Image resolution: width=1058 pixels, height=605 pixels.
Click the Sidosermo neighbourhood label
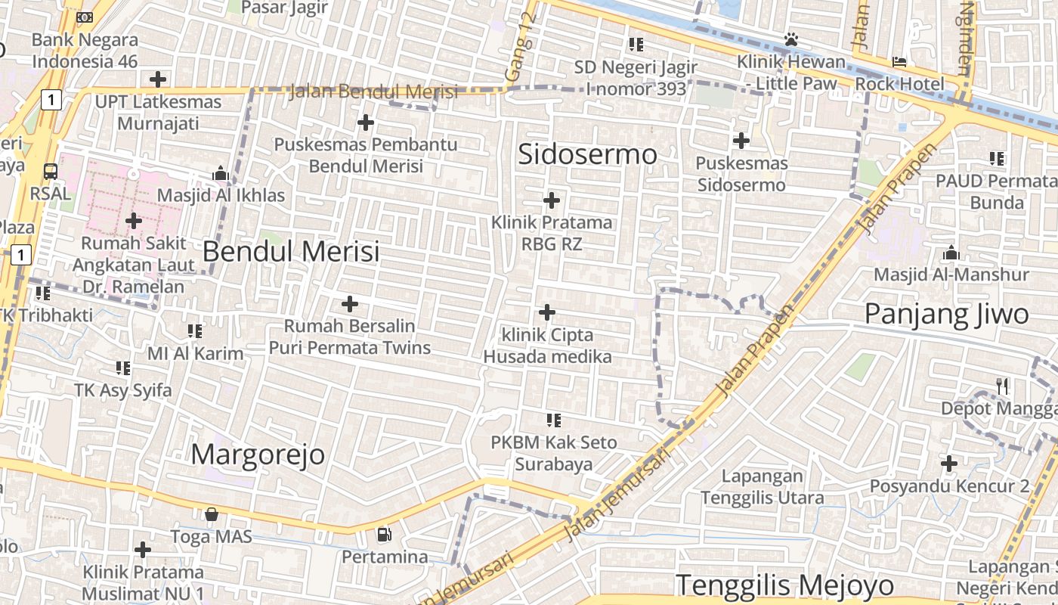coord(587,154)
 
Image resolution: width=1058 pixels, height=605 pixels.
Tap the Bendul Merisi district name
coord(291,251)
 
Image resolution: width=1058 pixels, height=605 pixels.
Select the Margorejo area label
coord(258,455)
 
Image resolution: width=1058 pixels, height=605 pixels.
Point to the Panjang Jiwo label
coord(946,314)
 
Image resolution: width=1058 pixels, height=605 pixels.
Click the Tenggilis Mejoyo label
coord(784,585)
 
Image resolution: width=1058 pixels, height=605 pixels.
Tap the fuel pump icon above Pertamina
coord(385,535)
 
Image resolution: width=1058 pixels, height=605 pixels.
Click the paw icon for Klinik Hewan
coord(791,39)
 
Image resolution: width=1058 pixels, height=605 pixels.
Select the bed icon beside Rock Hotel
coord(899,61)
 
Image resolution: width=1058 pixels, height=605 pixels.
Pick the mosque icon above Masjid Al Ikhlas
coord(221,173)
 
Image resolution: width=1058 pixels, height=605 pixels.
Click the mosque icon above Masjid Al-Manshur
coord(951,252)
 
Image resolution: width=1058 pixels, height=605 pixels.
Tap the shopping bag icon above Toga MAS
coord(212,514)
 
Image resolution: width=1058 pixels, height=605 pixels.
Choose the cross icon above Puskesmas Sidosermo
coord(741,140)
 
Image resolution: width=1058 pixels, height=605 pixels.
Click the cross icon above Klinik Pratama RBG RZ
coord(552,200)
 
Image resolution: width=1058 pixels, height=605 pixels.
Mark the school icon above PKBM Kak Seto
coord(554,419)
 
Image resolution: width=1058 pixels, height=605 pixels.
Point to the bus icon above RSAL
coord(50,172)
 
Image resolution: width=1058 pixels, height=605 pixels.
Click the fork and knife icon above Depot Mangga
coord(1002,386)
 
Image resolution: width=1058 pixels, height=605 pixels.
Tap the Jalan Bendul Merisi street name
coord(373,92)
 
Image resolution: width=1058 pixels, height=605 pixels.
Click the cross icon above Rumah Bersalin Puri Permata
coord(349,304)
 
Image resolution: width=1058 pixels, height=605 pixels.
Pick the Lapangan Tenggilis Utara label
coord(762,487)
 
